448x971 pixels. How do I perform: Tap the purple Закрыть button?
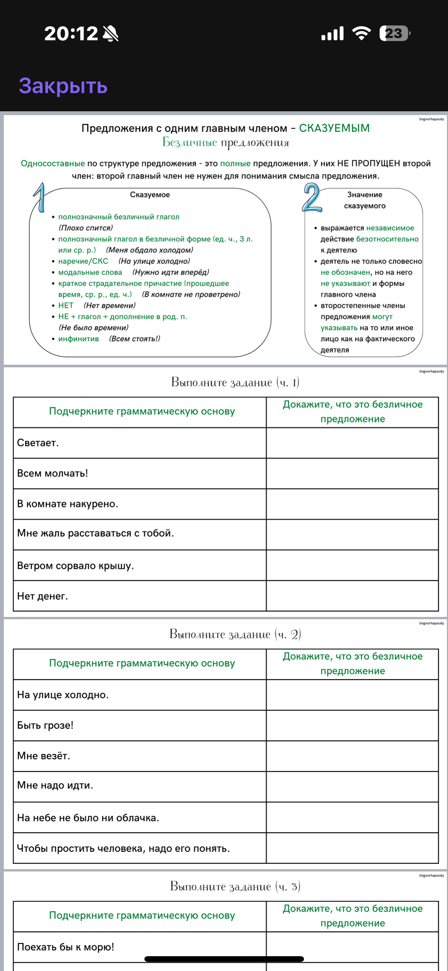63,86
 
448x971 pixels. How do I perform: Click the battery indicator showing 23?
394,33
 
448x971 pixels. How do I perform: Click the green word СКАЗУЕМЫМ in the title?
334,128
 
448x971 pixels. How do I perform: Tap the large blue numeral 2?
312,197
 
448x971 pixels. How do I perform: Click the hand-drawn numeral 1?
40,197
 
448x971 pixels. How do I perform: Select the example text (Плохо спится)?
86,228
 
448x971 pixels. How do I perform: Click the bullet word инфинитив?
78,339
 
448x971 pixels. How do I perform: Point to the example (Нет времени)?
109,305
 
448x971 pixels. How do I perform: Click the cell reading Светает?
38,443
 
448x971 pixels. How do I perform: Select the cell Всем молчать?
52,473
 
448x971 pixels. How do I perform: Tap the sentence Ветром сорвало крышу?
76,566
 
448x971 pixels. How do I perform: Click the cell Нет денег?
43,596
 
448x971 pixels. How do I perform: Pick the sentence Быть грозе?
45,726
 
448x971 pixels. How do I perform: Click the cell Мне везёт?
44,756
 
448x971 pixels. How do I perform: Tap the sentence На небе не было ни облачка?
88,818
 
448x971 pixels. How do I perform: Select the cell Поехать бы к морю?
66,947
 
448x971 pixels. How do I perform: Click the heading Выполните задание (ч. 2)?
235,634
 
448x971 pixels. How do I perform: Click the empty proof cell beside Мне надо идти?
352,786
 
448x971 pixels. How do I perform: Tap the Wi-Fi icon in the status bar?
361,33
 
